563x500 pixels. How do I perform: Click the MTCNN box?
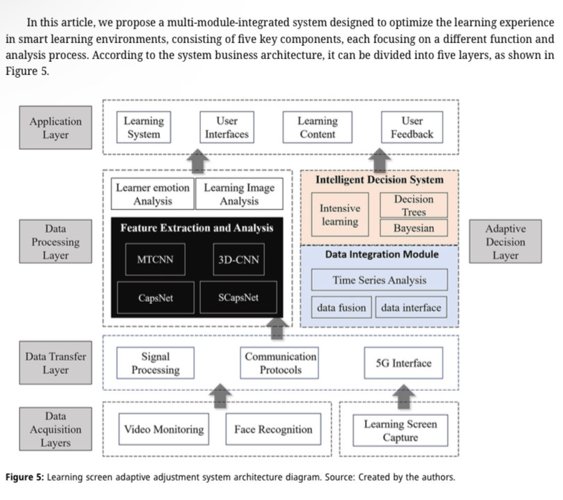pyautogui.click(x=156, y=261)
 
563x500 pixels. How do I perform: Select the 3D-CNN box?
pyautogui.click(x=238, y=261)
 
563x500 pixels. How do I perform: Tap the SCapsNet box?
pyautogui.click(x=238, y=298)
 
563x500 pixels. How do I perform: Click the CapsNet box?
pyautogui.click(x=156, y=298)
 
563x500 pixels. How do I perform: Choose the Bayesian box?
pyautogui.click(x=414, y=227)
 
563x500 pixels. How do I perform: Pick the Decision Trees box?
pyautogui.click(x=414, y=206)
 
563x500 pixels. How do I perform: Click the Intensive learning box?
pyautogui.click(x=340, y=215)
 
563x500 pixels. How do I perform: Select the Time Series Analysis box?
pyautogui.click(x=379, y=280)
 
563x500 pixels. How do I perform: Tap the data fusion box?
pyautogui.click(x=341, y=307)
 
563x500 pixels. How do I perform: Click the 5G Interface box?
pyautogui.click(x=403, y=363)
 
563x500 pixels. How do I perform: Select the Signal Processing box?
pyautogui.click(x=155, y=363)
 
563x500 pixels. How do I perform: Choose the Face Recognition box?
pyautogui.click(x=273, y=430)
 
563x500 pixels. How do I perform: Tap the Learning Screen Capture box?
pyautogui.click(x=400, y=430)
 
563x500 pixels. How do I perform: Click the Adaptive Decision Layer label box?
pyautogui.click(x=505, y=241)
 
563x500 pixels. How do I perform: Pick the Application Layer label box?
pyautogui.click(x=56, y=128)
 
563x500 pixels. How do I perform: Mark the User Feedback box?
pyautogui.click(x=411, y=128)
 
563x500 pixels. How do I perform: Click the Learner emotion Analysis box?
pyautogui.click(x=153, y=195)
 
